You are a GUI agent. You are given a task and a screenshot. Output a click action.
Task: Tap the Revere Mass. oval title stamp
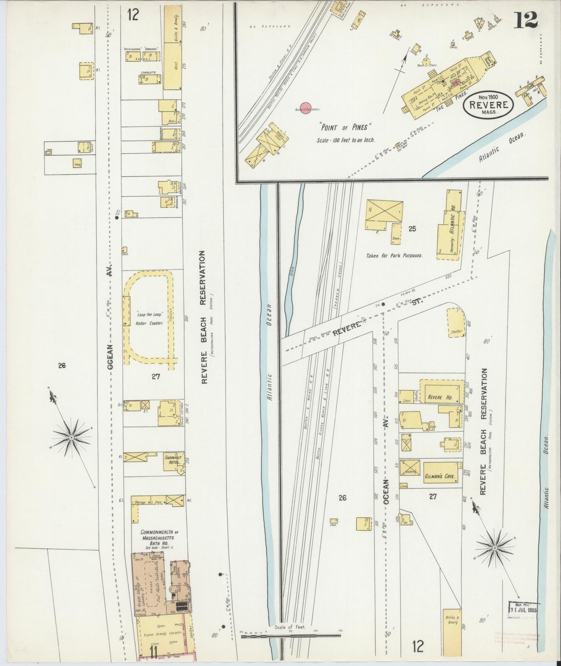coord(488,104)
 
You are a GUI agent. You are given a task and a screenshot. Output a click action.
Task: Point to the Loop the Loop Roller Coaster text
coord(149,319)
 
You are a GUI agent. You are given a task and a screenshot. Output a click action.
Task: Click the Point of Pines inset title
coord(346,127)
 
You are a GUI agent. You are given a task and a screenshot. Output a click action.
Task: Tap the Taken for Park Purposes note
coord(394,256)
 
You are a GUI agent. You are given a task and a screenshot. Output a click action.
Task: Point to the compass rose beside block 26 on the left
coord(71,438)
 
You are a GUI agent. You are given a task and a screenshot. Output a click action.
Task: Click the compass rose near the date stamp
coord(495,548)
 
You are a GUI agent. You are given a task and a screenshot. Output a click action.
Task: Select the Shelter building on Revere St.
coord(456,323)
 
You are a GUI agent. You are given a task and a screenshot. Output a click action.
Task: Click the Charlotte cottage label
coord(148,72)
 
